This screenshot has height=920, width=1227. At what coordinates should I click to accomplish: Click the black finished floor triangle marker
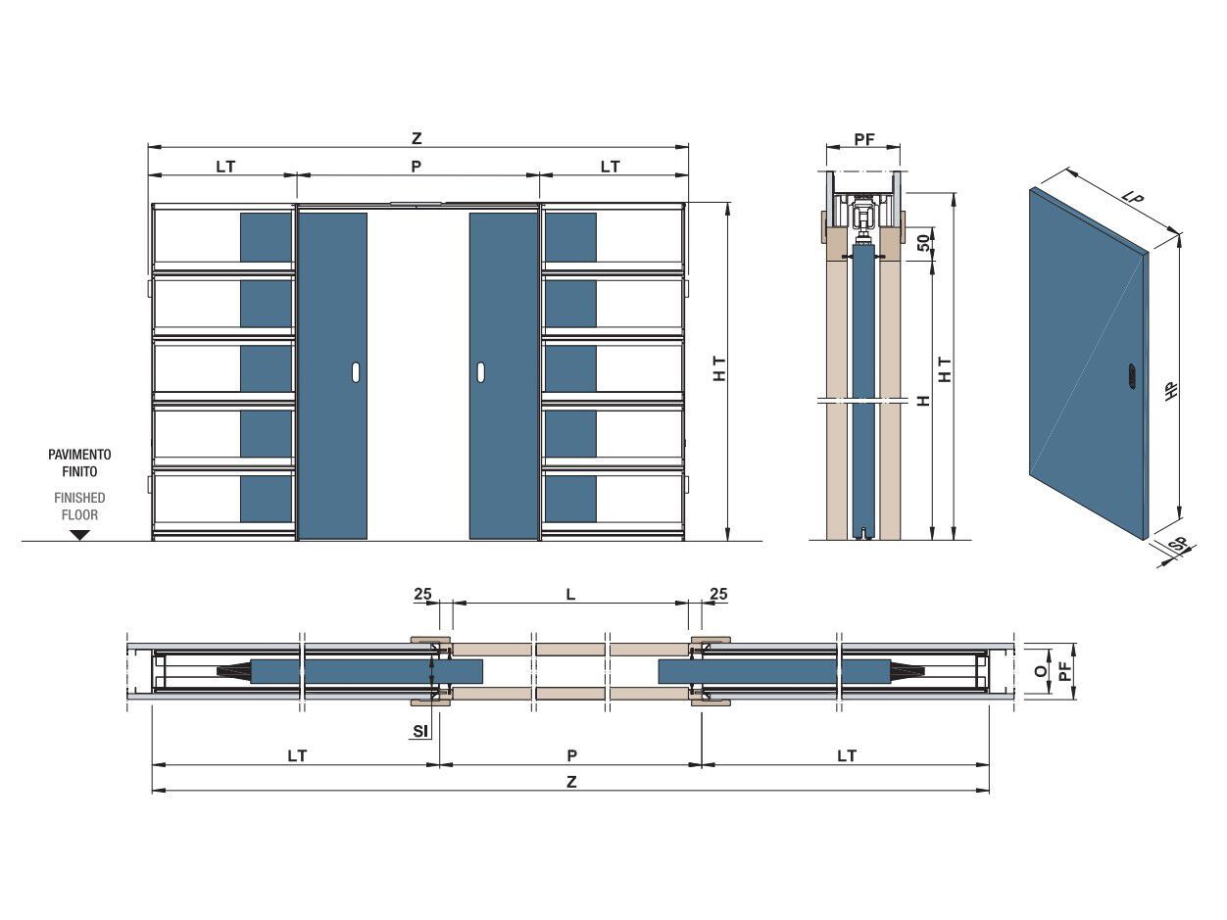pos(80,535)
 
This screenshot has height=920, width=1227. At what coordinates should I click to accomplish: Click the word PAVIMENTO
pos(79,455)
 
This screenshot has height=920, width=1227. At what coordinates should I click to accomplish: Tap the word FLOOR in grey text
pos(79,514)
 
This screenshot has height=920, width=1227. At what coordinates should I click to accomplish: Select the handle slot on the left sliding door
pos(356,372)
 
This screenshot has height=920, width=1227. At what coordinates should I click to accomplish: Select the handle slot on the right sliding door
pos(481,372)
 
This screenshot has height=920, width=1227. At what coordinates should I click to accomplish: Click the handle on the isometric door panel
pos(1132,375)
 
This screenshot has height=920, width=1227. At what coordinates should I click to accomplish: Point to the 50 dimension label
pos(924,243)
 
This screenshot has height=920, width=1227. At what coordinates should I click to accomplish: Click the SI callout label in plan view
pos(421,730)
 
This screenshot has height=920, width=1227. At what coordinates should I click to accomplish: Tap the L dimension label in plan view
pos(570,594)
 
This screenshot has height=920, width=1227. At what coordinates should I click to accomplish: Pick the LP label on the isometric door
pos(1134,198)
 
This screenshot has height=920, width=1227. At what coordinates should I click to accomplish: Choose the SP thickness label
pos(1180,544)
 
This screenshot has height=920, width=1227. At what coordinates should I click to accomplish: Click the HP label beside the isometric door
pos(1172,389)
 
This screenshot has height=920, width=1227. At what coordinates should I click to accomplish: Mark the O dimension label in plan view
pos(1041,671)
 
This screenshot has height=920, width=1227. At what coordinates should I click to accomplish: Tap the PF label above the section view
pos(863,139)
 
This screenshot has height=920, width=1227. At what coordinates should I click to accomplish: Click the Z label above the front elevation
pos(417,138)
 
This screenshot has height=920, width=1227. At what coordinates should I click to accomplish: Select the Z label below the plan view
pos(570,782)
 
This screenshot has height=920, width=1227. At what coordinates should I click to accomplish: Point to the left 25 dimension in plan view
pos(422,594)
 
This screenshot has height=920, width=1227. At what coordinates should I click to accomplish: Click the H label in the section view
pos(924,401)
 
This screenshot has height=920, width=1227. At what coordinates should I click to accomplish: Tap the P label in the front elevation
pos(416,167)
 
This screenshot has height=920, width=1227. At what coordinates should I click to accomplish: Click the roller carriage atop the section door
pos(863,217)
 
